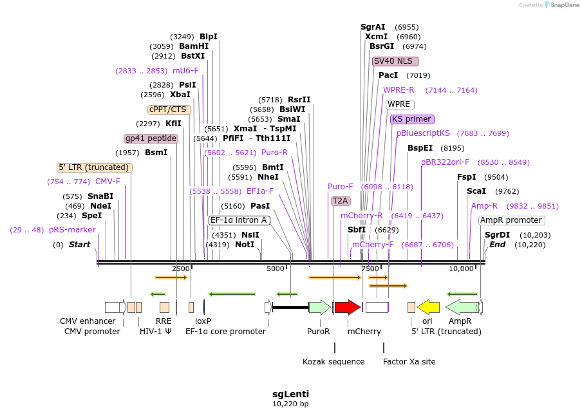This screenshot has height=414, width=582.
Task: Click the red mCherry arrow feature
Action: (347, 307)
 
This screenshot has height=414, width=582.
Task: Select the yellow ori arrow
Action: (428, 307)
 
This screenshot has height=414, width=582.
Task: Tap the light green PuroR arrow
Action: (319, 307)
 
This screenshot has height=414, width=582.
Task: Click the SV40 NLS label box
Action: (395, 61)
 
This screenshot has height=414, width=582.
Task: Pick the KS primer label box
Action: (411, 119)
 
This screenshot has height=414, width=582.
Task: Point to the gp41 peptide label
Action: (151, 138)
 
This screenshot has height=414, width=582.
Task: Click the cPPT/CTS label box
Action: (167, 109)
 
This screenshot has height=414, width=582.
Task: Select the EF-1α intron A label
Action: (239, 220)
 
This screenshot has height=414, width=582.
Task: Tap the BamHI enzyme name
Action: (194, 46)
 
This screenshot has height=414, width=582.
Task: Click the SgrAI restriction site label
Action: (373, 27)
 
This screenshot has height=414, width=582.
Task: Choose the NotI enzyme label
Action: (245, 245)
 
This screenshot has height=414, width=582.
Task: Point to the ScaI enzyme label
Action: (476, 191)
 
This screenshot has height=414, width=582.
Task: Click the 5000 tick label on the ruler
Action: (275, 268)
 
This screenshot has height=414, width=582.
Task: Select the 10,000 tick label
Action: (461, 268)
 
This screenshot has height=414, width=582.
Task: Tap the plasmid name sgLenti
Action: (290, 393)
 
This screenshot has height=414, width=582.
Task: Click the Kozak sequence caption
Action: (333, 362)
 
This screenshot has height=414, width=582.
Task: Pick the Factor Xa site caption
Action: (409, 362)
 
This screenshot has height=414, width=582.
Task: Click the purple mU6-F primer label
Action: (185, 71)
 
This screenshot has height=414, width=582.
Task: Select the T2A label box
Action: (340, 201)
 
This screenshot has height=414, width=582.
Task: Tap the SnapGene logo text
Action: (565, 5)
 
